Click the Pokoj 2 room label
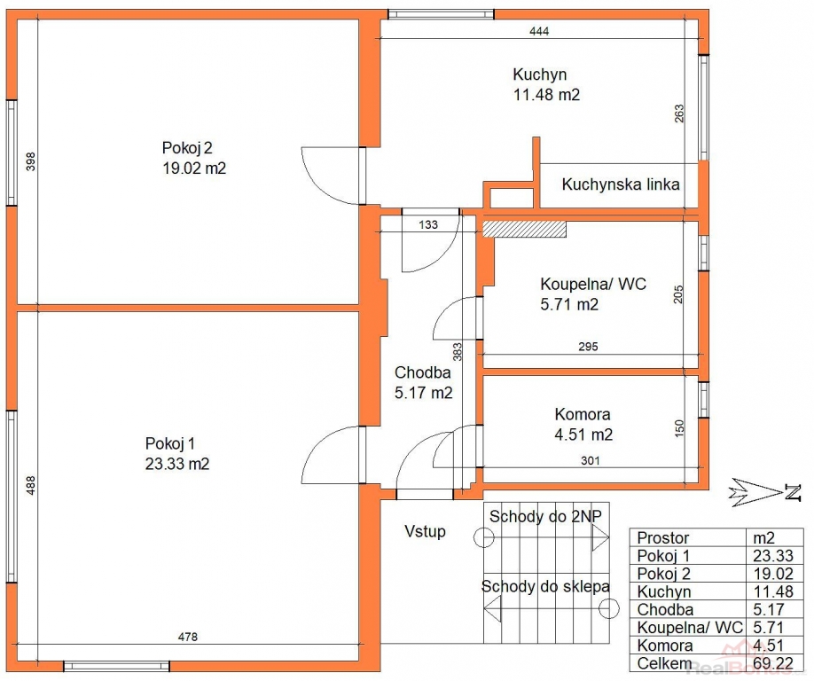coord(187,148)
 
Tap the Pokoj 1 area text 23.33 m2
coord(177,464)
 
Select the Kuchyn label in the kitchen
coord(539,74)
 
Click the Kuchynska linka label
coord(621,184)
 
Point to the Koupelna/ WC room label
coord(593,284)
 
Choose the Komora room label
coord(583,414)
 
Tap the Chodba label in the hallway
coord(423,372)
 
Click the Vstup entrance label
coord(425,531)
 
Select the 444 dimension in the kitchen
coord(539,31)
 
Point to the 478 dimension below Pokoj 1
coord(187,637)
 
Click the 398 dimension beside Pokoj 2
coord(31,161)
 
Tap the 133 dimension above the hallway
coord(428,224)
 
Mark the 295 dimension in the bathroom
coord(588,346)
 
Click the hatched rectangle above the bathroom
coord(524,229)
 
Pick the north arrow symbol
coord(764,491)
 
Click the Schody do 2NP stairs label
coord(545,516)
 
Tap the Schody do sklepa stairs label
coord(545,586)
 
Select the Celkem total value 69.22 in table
coord(773,663)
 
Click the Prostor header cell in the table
coord(663,537)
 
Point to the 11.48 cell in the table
coord(773,591)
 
